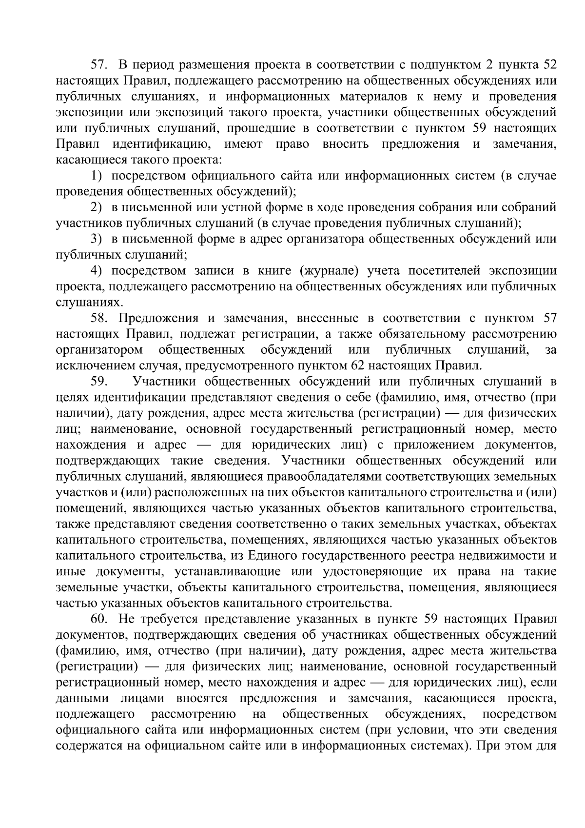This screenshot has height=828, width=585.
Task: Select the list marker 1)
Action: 97,176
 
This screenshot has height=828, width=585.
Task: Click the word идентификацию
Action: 161,144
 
